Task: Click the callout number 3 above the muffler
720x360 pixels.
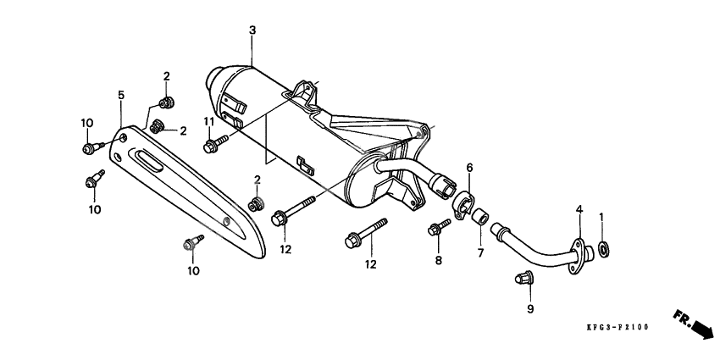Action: (x=252, y=30)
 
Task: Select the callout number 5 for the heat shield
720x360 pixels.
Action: (x=121, y=95)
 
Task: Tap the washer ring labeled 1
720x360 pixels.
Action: (x=603, y=249)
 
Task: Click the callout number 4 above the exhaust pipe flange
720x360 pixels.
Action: (x=579, y=208)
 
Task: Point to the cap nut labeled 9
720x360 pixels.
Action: (x=523, y=278)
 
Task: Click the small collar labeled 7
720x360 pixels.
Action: (x=480, y=217)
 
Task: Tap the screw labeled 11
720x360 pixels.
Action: (x=213, y=146)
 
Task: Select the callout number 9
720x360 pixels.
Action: (x=530, y=310)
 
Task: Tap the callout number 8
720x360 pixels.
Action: (x=439, y=261)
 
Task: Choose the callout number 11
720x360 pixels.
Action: (x=208, y=122)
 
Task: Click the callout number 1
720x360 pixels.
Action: (x=602, y=218)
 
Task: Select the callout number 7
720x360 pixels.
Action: (x=479, y=252)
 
